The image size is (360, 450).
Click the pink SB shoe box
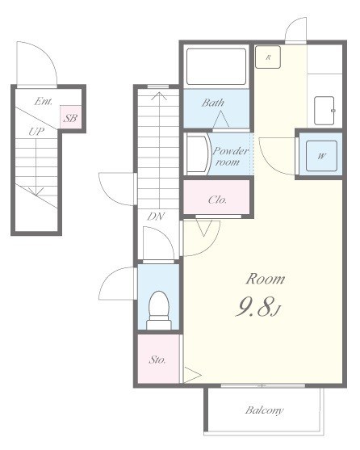pyautogui.click(x=71, y=117)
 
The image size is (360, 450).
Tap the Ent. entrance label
pyautogui.click(x=44, y=101)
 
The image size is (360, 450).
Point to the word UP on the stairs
pyautogui.click(x=36, y=132)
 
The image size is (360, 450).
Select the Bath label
pyautogui.click(x=212, y=103)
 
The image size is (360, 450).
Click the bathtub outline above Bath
pyautogui.click(x=216, y=66)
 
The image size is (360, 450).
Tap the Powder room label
pyautogui.click(x=230, y=157)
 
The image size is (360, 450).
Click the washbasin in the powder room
pyautogui.click(x=198, y=154)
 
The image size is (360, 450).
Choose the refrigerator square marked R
pyautogui.click(x=268, y=57)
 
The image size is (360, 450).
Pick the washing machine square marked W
pyautogui.click(x=321, y=156)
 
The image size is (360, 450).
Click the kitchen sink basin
pyautogui.click(x=324, y=111)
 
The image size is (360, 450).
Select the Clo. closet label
pyautogui.click(x=217, y=200)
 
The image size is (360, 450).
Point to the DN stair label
pyautogui.click(x=156, y=217)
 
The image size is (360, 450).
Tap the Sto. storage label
pyautogui.click(x=157, y=360)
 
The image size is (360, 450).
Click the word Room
pyautogui.click(x=266, y=279)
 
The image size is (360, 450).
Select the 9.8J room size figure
pyautogui.click(x=258, y=306)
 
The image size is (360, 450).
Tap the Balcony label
pyautogui.click(x=264, y=410)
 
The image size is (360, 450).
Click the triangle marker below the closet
pyautogui.click(x=203, y=228)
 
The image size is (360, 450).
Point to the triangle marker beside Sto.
pyautogui.click(x=192, y=375)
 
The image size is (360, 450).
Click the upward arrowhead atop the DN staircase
pyautogui.click(x=159, y=95)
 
